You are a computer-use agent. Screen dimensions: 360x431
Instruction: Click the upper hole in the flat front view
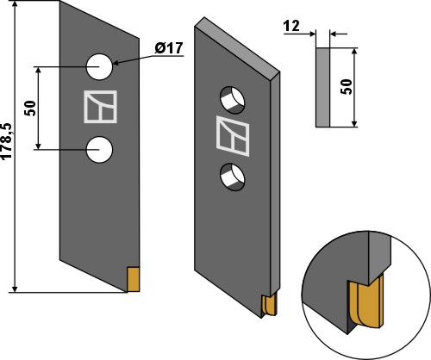tap(100, 65)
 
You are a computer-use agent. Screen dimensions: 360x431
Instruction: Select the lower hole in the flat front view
tap(100, 149)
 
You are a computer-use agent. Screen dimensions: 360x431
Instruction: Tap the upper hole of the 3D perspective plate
tap(234, 99)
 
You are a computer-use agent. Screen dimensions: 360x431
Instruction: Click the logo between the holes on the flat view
tap(99, 107)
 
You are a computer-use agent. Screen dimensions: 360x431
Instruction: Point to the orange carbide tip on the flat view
tap(133, 279)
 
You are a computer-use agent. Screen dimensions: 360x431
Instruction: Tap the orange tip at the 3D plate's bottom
tap(269, 303)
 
